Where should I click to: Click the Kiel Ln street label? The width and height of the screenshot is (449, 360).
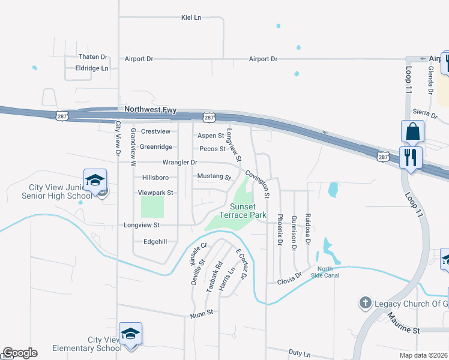[x=191, y=17]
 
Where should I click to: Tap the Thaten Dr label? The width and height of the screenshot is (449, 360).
[x=92, y=57]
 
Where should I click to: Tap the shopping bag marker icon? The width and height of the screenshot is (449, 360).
[x=412, y=131]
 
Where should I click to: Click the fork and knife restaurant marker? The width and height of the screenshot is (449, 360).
[x=411, y=158]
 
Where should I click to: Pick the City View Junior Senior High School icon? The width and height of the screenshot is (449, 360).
[x=95, y=180]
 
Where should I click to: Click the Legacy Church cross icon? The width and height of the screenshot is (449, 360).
[x=365, y=303]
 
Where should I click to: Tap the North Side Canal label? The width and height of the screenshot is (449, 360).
[x=325, y=272]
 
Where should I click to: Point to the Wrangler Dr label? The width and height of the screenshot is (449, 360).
[x=179, y=163]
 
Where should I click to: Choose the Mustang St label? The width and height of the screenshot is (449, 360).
[x=214, y=177]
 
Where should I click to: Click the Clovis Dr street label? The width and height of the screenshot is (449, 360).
[x=289, y=281]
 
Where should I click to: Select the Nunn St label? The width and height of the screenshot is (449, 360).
[x=202, y=313]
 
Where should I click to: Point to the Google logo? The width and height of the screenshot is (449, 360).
[x=19, y=353]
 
